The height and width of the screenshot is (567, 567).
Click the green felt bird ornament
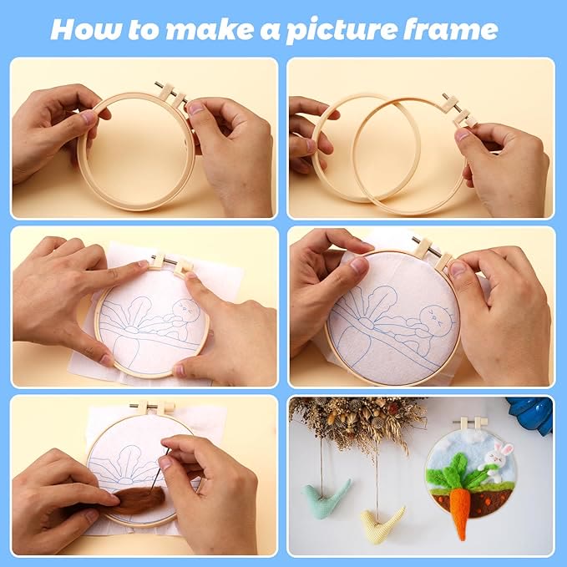[x=326, y=498]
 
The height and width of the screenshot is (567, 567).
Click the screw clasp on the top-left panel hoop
[x=172, y=94]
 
